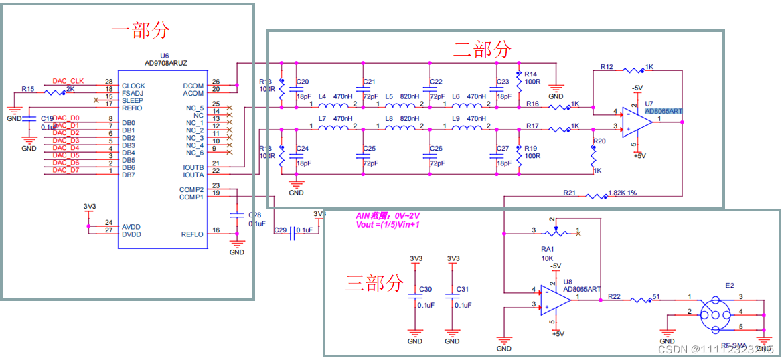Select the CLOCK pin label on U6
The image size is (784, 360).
[133, 86]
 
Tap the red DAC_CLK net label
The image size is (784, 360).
[68, 82]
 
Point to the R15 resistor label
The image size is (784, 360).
[27, 88]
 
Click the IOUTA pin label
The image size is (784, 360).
[193, 175]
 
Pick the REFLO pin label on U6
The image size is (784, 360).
[192, 234]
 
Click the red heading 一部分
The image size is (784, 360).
[141, 30]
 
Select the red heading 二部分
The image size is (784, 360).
[482, 49]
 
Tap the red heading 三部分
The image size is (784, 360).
[375, 282]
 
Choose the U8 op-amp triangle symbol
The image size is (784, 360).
[555, 298]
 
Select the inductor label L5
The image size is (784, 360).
[389, 96]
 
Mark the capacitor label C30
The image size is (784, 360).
[425, 290]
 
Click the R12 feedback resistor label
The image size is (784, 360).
[607, 67]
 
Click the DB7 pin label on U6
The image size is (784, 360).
[129, 175]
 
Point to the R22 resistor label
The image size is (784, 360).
[615, 296]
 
